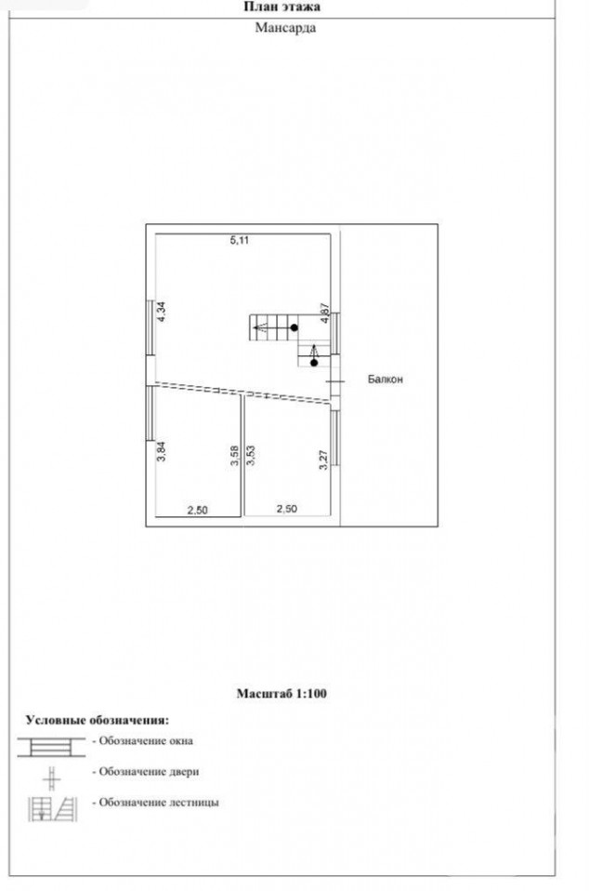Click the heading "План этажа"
click(282, 7)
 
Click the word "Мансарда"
click(285, 27)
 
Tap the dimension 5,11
click(239, 240)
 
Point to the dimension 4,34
click(162, 312)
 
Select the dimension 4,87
click(325, 313)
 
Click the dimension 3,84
click(162, 450)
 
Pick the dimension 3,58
click(235, 457)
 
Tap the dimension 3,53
click(251, 456)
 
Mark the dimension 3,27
click(323, 459)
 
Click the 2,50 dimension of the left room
click(198, 511)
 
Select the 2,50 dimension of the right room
click(287, 509)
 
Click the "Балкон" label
click(385, 379)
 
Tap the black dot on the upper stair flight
click(295, 328)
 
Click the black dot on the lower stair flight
click(314, 363)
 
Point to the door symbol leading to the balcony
click(335, 381)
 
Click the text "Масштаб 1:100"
click(282, 693)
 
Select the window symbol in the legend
click(51, 747)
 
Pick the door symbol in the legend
click(51, 778)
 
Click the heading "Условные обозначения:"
click(98, 720)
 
